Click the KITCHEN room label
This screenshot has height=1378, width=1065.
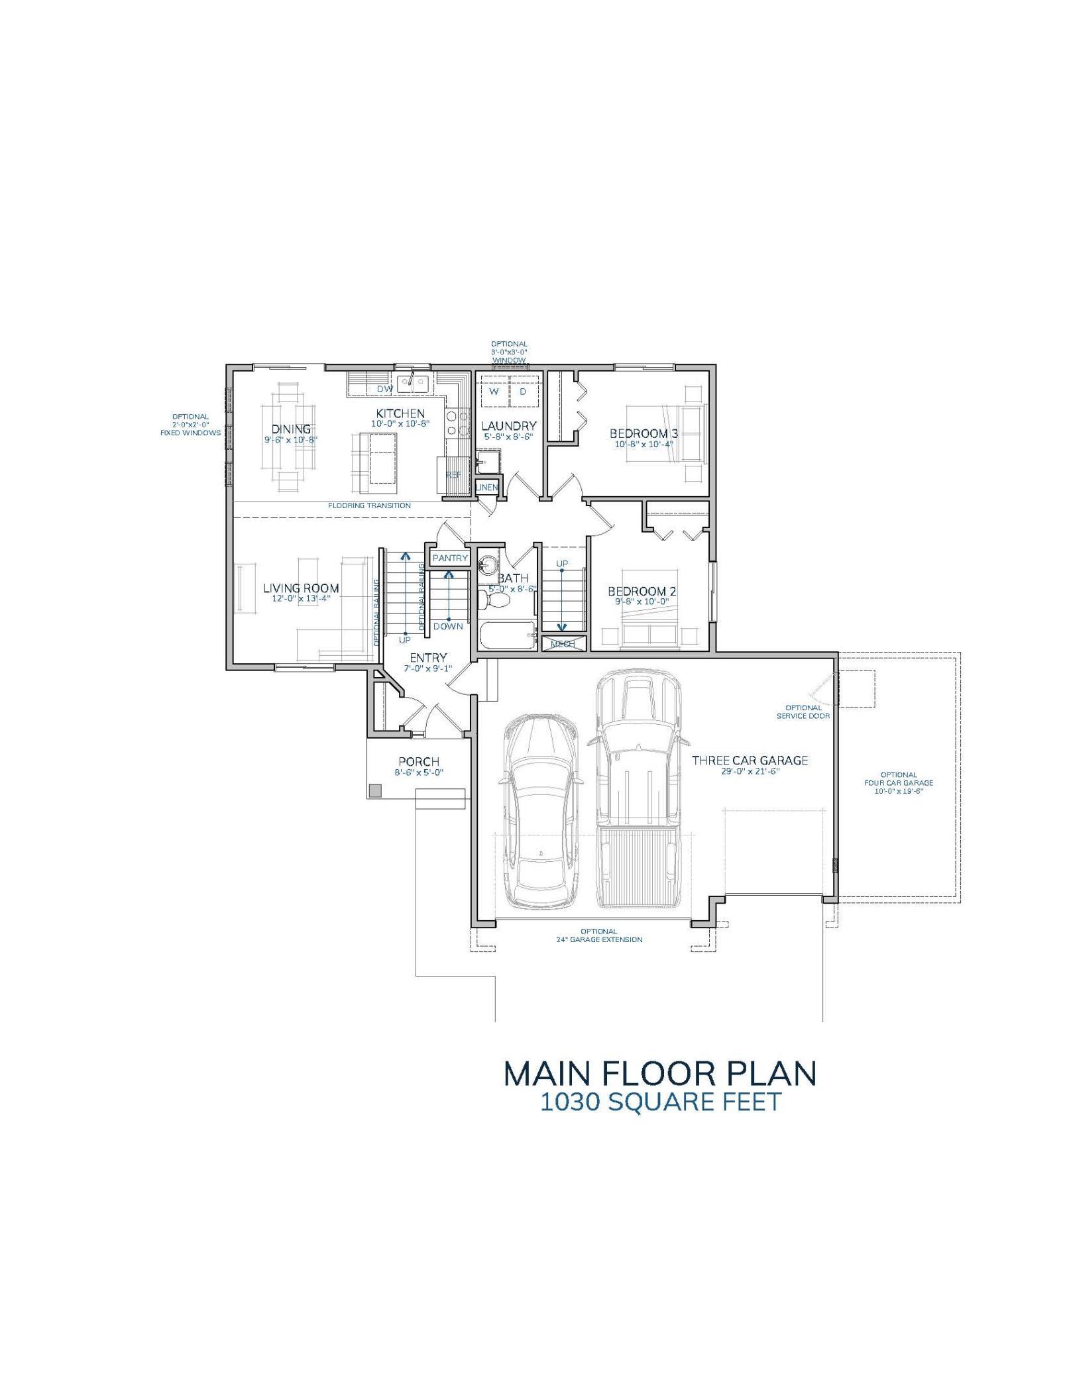coord(400,413)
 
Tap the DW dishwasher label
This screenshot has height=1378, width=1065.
coord(385,389)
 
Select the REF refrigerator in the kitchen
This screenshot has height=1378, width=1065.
coord(453,474)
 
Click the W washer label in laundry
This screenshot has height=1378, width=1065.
coord(494,392)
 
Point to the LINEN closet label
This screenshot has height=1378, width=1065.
coord(486,488)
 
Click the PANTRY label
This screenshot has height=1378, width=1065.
coord(450,558)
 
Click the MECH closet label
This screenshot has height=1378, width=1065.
coord(563,644)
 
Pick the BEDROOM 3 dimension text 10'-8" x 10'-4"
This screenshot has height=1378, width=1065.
coord(644,445)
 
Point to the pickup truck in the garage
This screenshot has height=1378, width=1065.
coord(638,788)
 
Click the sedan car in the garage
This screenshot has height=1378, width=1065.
coord(541,812)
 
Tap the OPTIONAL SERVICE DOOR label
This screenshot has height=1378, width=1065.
coord(803,712)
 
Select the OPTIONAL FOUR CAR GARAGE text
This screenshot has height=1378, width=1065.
coord(899,782)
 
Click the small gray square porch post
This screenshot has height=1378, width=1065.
coord(376,790)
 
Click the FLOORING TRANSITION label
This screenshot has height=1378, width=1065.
coord(369,505)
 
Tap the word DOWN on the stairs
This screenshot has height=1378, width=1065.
coord(449,626)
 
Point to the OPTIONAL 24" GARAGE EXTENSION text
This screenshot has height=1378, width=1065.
coord(598,935)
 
